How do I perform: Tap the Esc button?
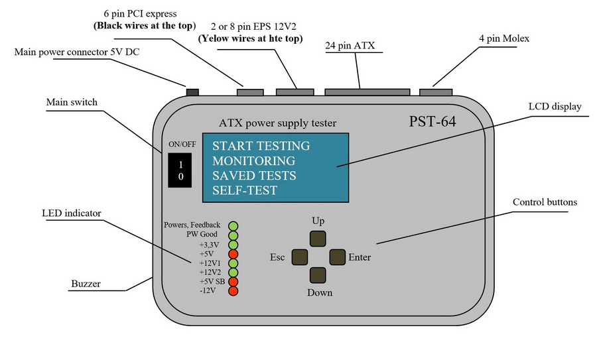coord(300,257)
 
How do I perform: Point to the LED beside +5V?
coord(233,253)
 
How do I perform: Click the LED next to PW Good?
coord(233,235)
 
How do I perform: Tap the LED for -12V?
coord(233,291)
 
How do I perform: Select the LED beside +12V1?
coord(233,263)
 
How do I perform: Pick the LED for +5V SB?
coord(233,282)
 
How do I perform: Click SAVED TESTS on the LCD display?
coord(254,176)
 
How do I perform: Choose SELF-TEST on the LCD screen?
coord(245,191)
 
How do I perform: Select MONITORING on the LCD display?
coord(253,160)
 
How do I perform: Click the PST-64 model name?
coord(432,123)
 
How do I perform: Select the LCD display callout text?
coord(555,106)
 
